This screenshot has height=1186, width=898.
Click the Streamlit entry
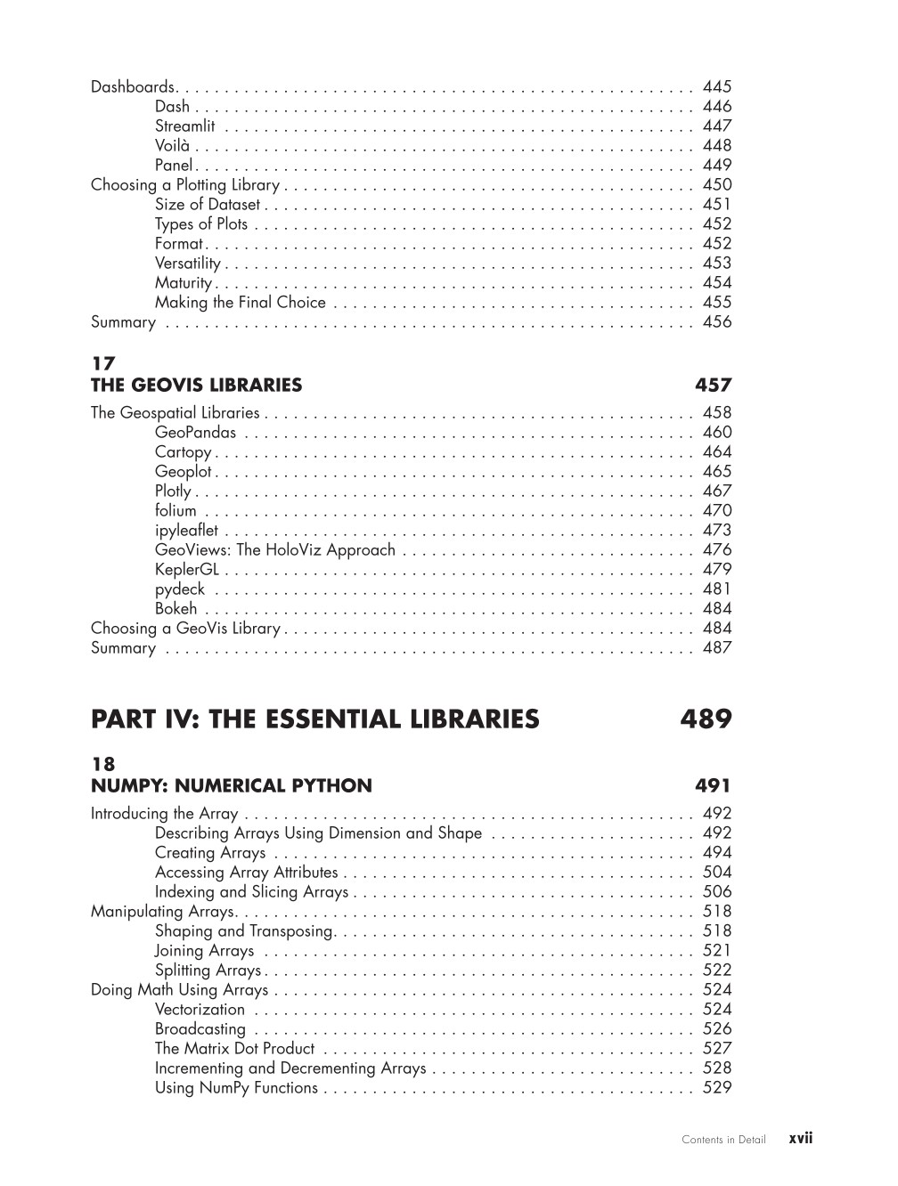tap(184, 126)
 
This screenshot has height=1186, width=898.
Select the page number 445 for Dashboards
tap(716, 86)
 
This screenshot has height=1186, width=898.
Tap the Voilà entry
tap(173, 145)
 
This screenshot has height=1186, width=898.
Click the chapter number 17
tap(103, 363)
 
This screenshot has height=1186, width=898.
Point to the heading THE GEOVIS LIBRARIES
tap(196, 386)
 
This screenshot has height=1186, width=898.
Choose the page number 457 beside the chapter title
tap(713, 386)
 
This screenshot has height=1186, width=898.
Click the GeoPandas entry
tap(195, 433)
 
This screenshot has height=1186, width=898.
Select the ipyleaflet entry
tap(185, 531)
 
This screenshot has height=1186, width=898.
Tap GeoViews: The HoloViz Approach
tap(274, 550)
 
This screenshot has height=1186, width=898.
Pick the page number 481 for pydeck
tap(716, 589)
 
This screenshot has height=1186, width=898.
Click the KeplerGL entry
tap(186, 570)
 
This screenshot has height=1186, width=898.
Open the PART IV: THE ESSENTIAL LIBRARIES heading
tap(314, 719)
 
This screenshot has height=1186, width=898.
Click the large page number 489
tap(706, 719)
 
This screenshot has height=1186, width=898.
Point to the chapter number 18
tap(103, 764)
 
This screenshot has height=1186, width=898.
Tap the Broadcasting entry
tap(200, 1029)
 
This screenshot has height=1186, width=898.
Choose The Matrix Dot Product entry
tap(234, 1049)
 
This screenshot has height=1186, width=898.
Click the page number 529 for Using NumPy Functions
tap(716, 1088)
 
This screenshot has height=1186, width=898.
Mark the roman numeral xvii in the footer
tap(801, 1138)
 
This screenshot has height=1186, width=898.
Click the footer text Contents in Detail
tap(723, 1140)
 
